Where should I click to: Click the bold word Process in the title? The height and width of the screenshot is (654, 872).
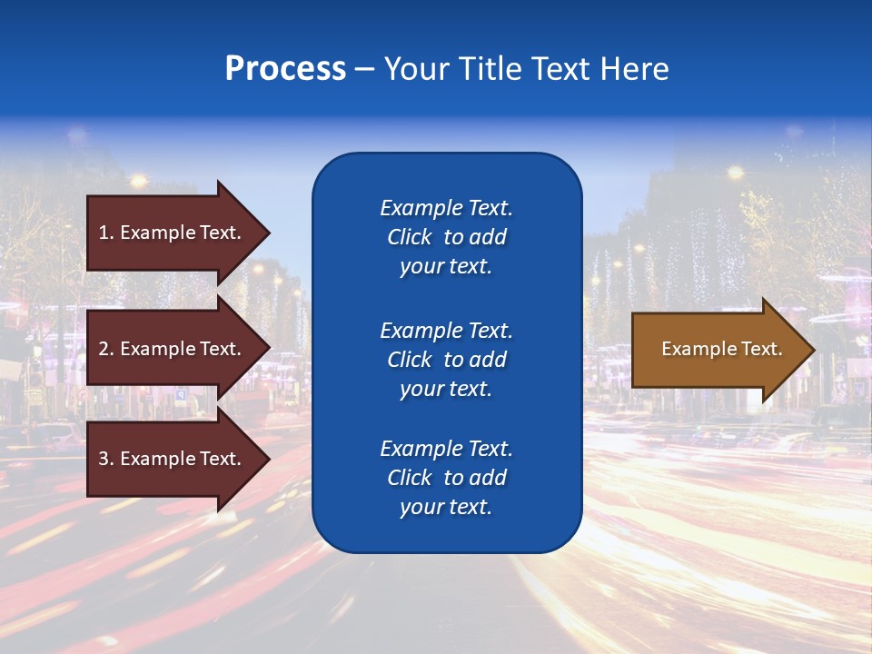coord(285,69)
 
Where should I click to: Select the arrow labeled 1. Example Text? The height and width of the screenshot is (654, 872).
coord(173,233)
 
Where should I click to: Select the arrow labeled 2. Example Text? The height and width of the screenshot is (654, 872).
coord(173,349)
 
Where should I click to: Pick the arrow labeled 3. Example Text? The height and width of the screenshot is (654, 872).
coord(173,459)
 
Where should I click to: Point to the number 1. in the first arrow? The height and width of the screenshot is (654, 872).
coord(106,233)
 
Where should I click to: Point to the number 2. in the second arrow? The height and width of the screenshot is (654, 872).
coord(106,349)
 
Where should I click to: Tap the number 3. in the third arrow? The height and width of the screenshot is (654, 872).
coord(106,459)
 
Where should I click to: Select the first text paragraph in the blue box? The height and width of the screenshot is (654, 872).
coord(446,237)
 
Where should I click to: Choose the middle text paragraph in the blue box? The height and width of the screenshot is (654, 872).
coord(446,360)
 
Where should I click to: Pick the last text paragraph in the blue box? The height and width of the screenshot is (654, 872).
coord(446,478)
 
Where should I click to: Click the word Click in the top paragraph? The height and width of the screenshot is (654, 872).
coord(409,237)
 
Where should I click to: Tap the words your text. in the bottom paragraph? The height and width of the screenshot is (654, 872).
coord(446,508)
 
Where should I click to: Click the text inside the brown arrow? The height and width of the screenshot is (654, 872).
coord(721,349)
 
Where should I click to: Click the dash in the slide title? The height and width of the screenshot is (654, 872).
coord(364,70)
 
